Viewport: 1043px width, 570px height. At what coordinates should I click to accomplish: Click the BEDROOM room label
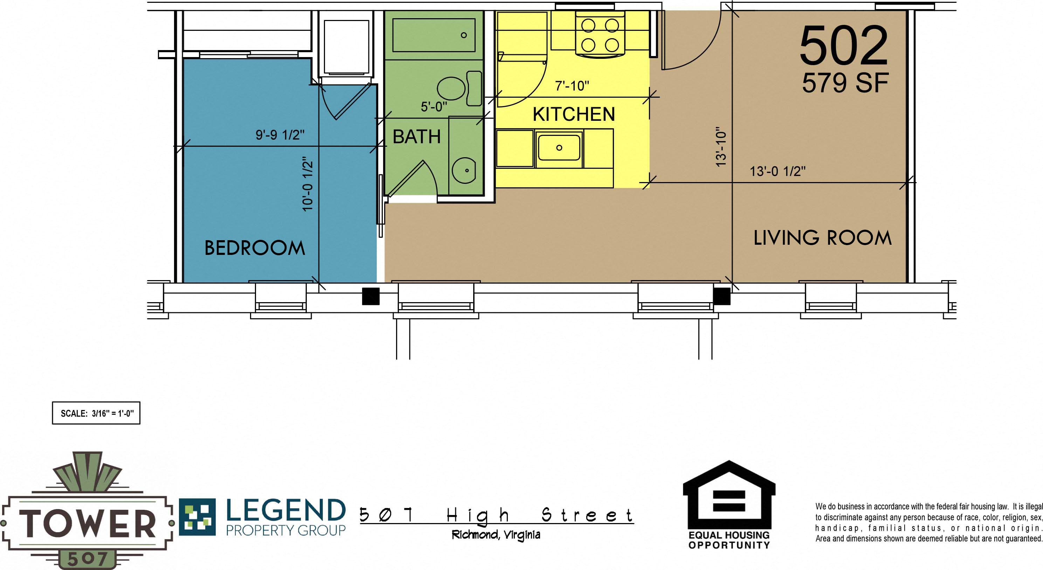254,248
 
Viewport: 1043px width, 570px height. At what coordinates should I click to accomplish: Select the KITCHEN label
573,114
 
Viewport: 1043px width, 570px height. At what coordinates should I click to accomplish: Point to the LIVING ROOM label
822,238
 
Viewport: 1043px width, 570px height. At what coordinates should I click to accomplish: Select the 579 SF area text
845,83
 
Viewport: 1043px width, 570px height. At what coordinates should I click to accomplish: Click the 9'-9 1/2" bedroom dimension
280,135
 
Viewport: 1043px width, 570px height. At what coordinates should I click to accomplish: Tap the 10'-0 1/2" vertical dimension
308,184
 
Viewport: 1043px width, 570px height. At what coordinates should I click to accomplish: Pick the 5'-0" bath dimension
434,107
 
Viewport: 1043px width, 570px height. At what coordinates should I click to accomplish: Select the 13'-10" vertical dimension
721,147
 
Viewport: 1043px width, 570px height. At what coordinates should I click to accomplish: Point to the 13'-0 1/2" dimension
778,171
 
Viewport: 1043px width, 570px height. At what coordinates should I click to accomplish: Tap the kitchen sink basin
559,148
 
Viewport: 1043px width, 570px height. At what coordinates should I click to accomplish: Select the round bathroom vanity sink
464,171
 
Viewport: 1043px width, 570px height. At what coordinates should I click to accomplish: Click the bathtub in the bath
434,35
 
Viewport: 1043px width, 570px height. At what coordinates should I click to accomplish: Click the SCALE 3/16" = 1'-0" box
96,413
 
